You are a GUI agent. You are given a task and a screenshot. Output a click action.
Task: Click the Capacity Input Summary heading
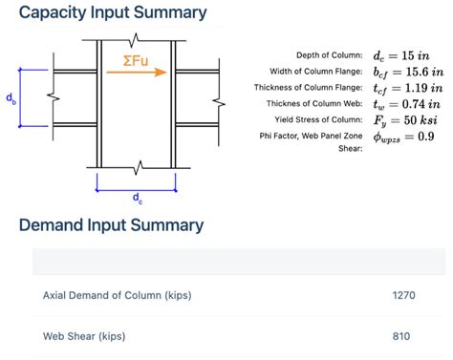[x=113, y=13]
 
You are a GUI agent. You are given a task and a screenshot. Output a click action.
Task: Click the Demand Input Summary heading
[x=111, y=225]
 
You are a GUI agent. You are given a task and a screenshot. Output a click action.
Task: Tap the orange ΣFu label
[x=136, y=61]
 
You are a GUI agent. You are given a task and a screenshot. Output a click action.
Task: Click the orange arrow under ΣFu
[x=137, y=73]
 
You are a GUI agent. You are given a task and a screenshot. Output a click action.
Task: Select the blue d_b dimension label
[x=11, y=98]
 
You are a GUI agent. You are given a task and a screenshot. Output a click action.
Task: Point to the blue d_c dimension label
[x=138, y=198]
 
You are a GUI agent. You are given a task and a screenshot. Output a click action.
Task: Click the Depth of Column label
[x=330, y=55]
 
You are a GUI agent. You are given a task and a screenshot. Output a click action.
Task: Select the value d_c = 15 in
[x=401, y=56]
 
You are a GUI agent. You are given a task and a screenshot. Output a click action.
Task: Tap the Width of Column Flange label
[x=316, y=72]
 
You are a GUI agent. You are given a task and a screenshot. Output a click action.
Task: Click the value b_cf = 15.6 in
[x=408, y=73]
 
